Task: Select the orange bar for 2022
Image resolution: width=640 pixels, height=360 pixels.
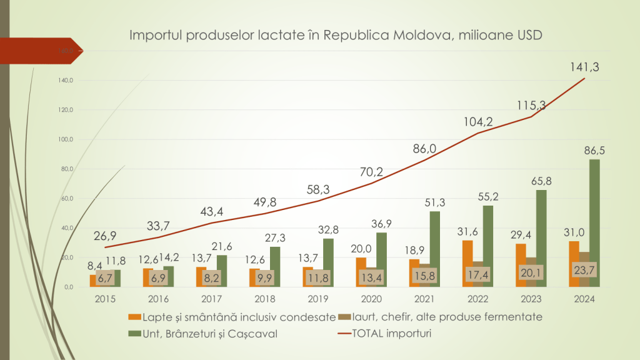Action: tap(467, 263)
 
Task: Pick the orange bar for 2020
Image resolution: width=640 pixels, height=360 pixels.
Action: tap(361, 272)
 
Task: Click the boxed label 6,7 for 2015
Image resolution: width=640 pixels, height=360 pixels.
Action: tap(105, 276)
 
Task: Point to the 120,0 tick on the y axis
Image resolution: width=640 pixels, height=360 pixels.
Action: tap(66, 110)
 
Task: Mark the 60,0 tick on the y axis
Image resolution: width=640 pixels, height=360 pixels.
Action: tap(66, 199)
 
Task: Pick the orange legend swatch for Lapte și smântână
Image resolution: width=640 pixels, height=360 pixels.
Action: tap(133, 317)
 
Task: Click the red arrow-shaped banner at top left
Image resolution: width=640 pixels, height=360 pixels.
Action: tap(41, 51)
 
